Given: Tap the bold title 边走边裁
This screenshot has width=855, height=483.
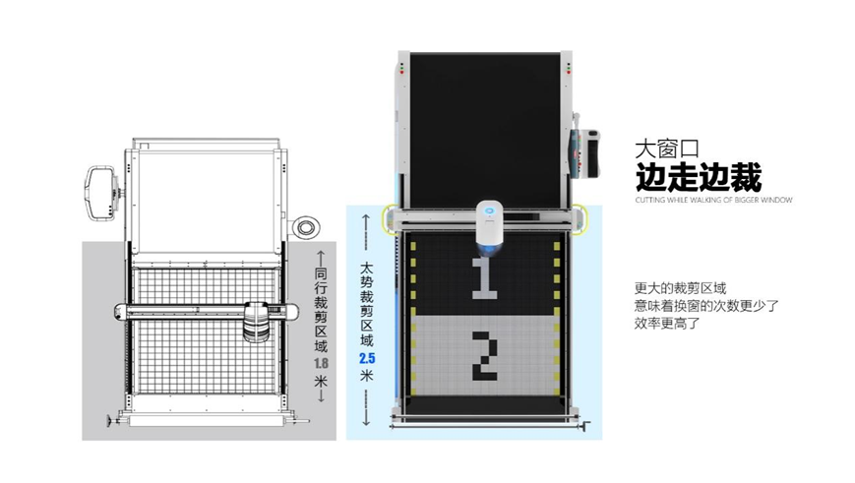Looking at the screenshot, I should pyautogui.click(x=698, y=179).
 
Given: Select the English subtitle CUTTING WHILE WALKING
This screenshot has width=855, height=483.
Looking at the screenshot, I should pyautogui.click(x=713, y=200).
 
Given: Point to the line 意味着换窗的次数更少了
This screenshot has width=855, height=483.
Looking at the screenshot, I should pyautogui.click(x=706, y=306).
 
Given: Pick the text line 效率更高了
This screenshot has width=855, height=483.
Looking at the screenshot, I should pyautogui.click(x=666, y=323).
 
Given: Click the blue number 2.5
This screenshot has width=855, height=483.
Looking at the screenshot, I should pyautogui.click(x=367, y=357).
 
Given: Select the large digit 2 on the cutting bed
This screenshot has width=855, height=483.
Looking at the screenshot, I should pyautogui.click(x=483, y=354).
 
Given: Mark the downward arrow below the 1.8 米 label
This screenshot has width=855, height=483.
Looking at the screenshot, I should pyautogui.click(x=321, y=405).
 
